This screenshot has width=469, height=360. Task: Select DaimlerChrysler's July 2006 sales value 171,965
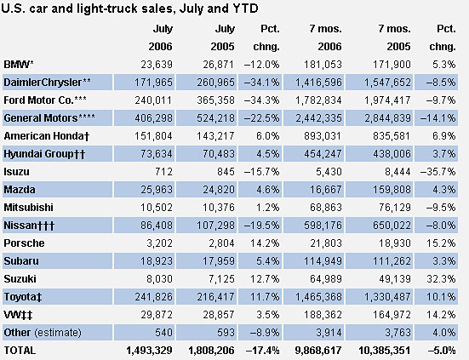coord(153,83)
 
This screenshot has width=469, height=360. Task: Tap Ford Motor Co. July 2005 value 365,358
coord(215,100)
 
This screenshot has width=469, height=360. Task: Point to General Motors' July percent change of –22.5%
coord(261,118)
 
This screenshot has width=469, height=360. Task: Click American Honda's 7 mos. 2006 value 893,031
coord(323,136)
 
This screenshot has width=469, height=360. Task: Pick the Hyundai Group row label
coord(44,154)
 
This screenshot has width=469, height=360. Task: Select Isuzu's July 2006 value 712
coord(163,172)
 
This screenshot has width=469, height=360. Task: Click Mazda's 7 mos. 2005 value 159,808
coord(392,190)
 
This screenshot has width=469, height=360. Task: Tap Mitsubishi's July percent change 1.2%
coord(268,208)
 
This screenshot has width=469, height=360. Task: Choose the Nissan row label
coord(29,226)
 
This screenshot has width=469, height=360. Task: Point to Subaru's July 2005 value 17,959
coord(219,261)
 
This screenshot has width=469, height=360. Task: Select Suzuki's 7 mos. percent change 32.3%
coord(441,279)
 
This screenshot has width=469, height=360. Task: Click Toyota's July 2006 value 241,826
coord(153,297)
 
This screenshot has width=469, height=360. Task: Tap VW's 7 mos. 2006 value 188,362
coord(323,315)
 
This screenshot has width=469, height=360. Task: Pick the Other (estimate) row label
coord(43,333)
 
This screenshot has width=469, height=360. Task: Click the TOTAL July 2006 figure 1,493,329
coord(149,351)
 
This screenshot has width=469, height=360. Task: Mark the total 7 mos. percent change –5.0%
coord(442,351)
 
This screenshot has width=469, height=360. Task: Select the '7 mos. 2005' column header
coord(395,37)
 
